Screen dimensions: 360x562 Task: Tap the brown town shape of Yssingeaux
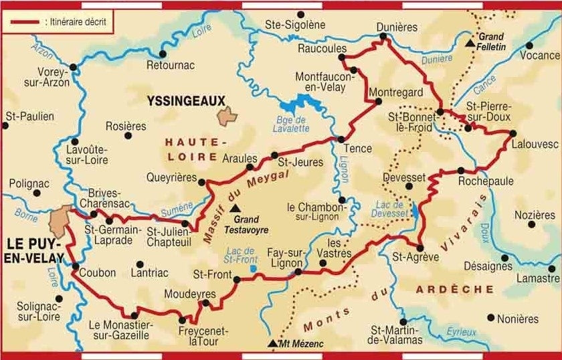click(227, 115)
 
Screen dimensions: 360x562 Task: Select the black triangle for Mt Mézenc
click(272, 344)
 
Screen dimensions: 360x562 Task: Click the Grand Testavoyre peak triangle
click(233, 208)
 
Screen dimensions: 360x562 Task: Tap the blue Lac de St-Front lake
click(252, 268)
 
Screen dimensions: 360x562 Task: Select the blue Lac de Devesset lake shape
click(415, 211)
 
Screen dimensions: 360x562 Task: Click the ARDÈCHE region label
click(454, 289)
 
